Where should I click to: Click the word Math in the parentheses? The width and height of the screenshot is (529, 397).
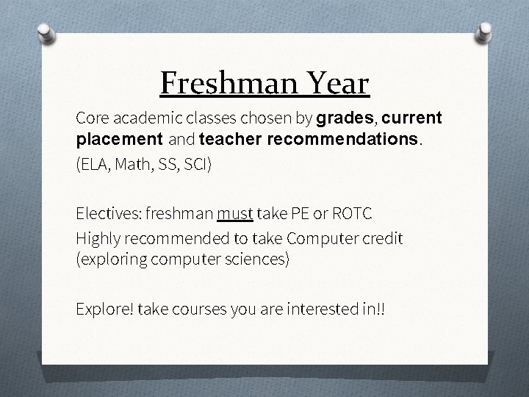(134, 163)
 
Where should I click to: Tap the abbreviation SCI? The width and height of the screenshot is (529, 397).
(197, 163)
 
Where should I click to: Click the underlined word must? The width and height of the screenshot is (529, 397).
(235, 213)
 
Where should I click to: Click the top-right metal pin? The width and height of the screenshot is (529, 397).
(484, 33)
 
